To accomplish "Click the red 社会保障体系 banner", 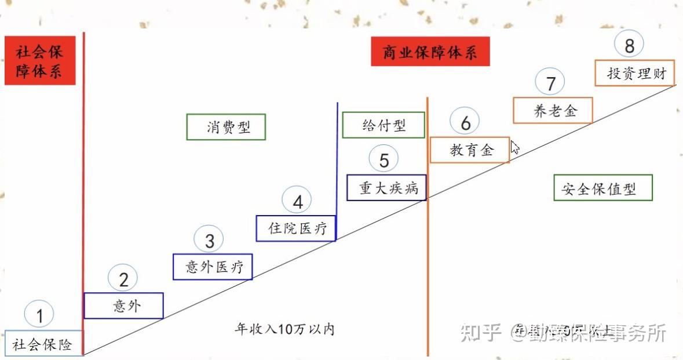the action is pos(40,61).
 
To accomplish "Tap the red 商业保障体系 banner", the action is pos(430,52).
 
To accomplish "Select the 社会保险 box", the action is pos(43,344).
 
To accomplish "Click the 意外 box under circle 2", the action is pos(123,306).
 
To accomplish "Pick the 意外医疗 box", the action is pos(213,267).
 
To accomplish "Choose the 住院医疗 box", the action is pos(296,228).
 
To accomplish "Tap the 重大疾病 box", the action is pos(386,187).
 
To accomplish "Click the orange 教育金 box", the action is pos(470,150).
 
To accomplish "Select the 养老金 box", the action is pos(553,110).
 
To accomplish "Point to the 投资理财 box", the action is pos(635,73).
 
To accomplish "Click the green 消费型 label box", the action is pos(226,127).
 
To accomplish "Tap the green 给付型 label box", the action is pos(383,125).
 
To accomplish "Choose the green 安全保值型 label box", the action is pos(603,188).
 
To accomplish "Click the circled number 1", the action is pos(39,316).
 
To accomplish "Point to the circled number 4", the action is pos(297,202).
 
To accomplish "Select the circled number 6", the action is pos(465,122).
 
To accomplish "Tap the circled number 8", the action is pos(629,45).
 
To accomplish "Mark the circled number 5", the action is pos(383,160).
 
